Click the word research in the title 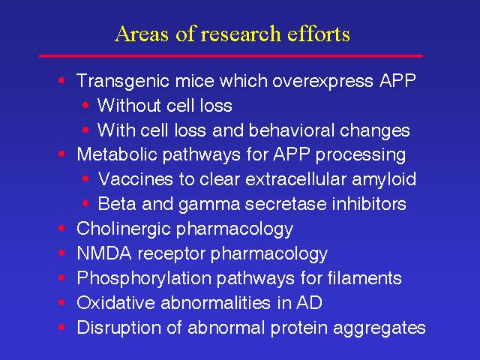tap(240, 34)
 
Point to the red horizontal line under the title tap(231, 56)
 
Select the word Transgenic tap(123, 82)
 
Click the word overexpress tap(322, 82)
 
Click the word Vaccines tap(135, 178)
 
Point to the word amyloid tap(384, 180)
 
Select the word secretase tap(286, 204)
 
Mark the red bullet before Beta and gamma tap(85, 203)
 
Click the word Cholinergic tap(123, 229)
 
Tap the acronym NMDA tap(104, 253)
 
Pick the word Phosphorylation tap(144, 278)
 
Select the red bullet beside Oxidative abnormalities tap(61, 302)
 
